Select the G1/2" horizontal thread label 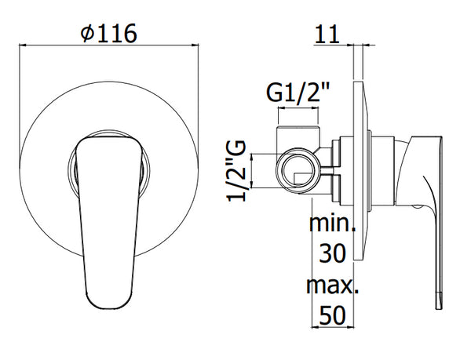(x=298, y=92)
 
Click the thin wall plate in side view (x=360, y=173)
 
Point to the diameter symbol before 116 (x=88, y=35)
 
